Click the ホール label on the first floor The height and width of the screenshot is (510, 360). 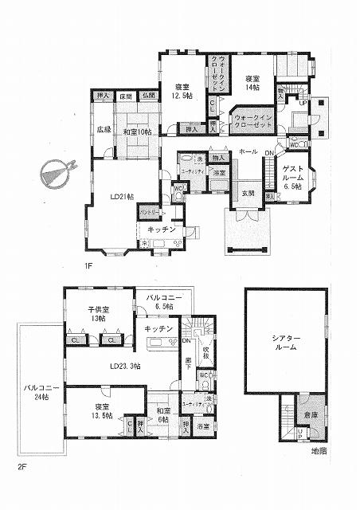[247, 151]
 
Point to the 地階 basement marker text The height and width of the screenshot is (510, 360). [319, 452]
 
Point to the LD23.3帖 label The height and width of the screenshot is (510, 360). [124, 366]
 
